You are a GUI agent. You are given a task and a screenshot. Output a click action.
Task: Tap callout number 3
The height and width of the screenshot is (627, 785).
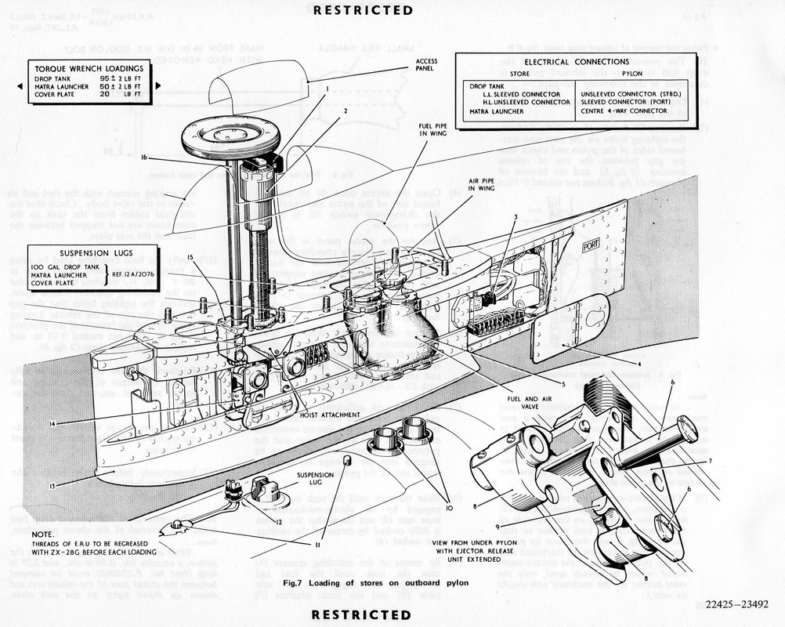[x=515, y=216]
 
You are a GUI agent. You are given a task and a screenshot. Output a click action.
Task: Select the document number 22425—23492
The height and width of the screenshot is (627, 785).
[x=736, y=604]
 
